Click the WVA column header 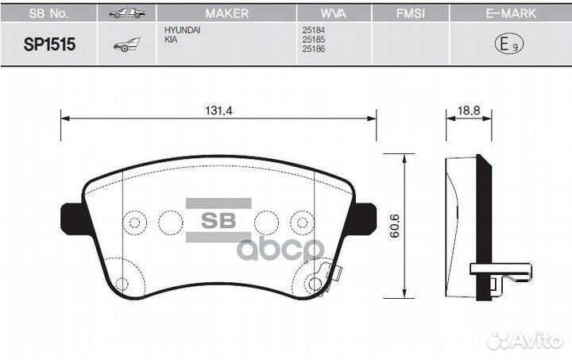(x=334, y=14)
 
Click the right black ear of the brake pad (x=364, y=215)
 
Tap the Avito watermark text (x=535, y=340)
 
